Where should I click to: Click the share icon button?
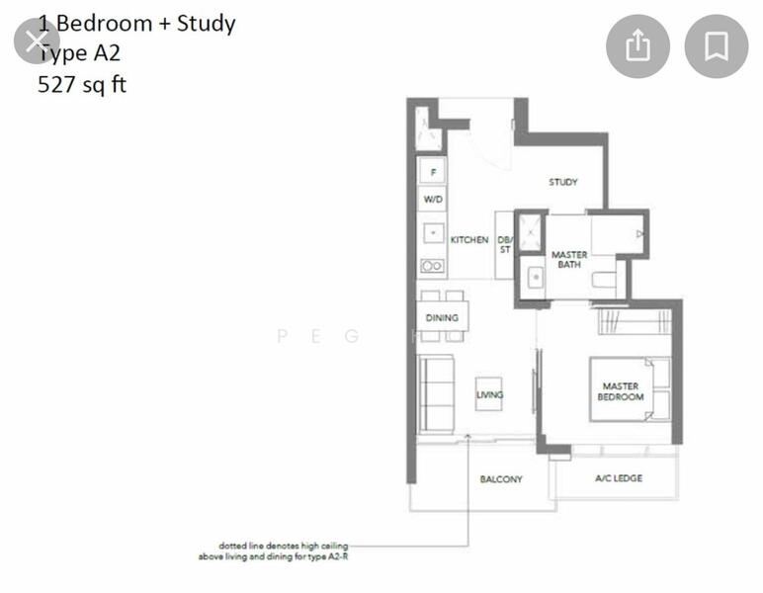[637, 46]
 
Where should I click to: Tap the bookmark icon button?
[717, 46]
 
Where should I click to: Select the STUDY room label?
[563, 182]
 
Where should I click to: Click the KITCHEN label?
[469, 240]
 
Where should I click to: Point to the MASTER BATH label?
[569, 259]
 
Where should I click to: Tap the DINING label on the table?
[442, 317]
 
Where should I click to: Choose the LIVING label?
[489, 394]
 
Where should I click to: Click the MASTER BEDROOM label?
[620, 391]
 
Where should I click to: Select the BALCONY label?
[501, 478]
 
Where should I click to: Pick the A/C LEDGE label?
[619, 478]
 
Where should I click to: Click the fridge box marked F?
[432, 172]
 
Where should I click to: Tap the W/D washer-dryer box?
[433, 200]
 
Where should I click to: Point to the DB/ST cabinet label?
[504, 244]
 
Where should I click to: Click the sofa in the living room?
[435, 393]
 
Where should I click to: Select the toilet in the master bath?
[604, 280]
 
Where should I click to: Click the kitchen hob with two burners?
[432, 266]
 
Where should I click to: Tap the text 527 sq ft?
[82, 84]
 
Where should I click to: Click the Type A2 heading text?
[79, 53]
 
